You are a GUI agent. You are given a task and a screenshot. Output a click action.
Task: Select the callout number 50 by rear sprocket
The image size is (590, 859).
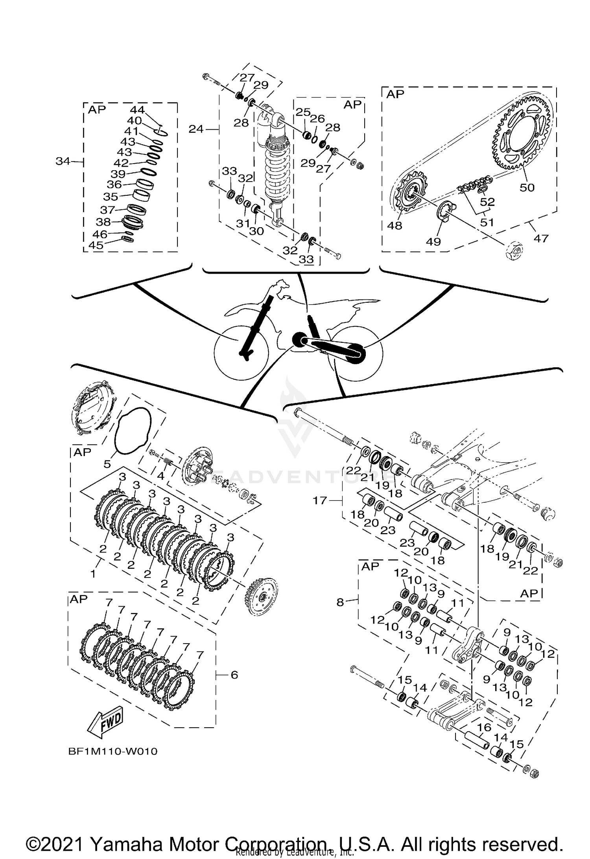point(527,188)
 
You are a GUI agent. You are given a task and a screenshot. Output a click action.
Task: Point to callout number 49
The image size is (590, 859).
point(433,241)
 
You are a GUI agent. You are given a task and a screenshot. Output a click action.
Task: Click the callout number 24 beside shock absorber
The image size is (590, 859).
point(196,129)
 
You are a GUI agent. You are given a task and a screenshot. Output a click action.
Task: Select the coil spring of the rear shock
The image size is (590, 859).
point(277,165)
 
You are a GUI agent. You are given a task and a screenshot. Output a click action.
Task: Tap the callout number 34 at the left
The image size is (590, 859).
point(63,161)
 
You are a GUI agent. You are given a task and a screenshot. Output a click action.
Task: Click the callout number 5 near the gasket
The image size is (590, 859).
point(107,464)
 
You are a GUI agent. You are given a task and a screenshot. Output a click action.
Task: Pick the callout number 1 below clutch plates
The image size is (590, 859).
point(93,574)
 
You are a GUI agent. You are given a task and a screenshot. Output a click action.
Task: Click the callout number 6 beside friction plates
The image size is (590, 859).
point(234,675)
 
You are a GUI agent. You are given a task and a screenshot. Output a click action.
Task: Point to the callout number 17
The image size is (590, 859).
point(320,500)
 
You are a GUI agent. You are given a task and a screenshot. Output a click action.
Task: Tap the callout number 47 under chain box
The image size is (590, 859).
point(541,238)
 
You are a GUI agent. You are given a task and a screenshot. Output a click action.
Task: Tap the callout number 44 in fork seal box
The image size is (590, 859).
point(137,110)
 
